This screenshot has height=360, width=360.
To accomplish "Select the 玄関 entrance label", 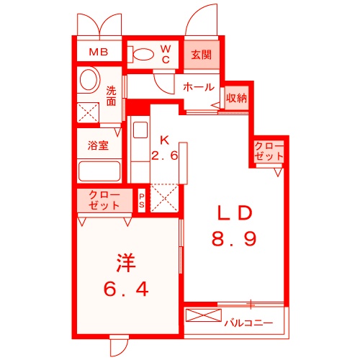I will (202, 54).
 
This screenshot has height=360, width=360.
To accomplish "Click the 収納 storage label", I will (236, 96).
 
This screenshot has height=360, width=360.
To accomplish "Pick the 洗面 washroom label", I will (112, 96).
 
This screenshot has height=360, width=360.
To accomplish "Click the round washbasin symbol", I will (89, 78).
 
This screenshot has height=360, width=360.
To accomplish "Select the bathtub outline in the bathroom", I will (98, 172).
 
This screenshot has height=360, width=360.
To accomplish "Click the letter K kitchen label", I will (164, 139).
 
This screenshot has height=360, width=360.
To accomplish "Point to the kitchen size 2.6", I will (164, 155).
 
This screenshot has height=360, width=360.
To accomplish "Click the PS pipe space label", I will (142, 199).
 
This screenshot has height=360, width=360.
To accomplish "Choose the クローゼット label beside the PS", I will (104, 200).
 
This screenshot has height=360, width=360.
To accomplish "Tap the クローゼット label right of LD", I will (269, 152).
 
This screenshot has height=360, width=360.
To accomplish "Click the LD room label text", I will (234, 213).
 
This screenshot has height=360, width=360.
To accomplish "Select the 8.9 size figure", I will (234, 238).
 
